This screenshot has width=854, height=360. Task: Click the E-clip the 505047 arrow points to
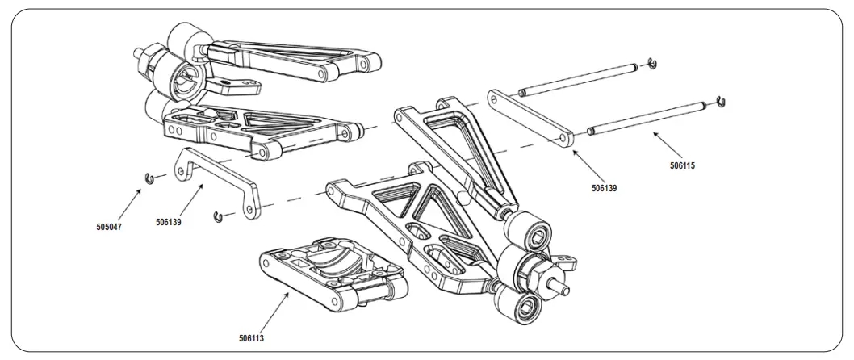click(x=148, y=178)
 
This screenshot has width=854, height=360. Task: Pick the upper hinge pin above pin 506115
click(x=580, y=79)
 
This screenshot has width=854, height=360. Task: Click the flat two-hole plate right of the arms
click(x=532, y=119)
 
